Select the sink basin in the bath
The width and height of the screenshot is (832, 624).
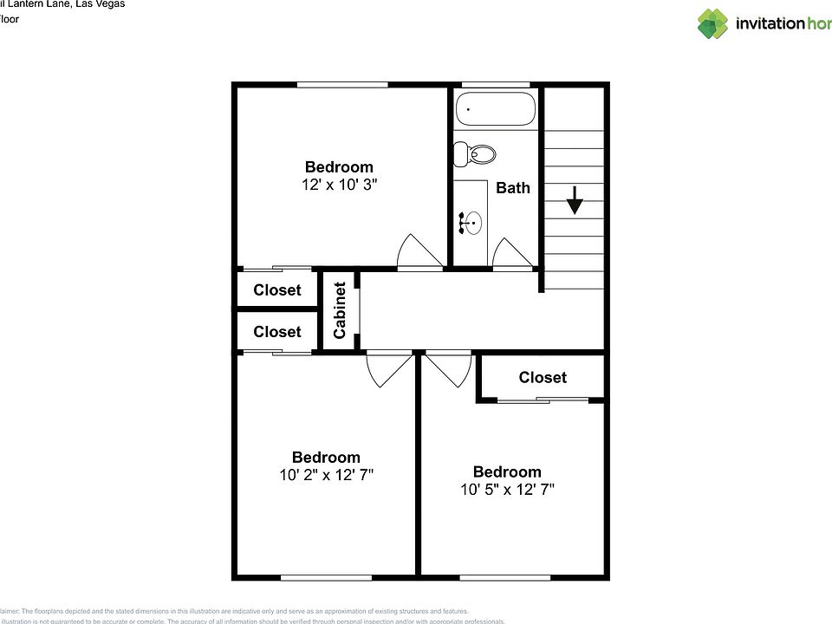[471, 224]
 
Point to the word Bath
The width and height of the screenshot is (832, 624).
[513, 188]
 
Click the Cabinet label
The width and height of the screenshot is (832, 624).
[340, 310]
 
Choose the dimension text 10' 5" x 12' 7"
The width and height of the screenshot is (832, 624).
[507, 489]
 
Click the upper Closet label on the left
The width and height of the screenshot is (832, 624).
[277, 290]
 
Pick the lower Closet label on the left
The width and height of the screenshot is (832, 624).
[277, 332]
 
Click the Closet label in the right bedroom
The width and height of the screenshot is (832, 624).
[543, 377]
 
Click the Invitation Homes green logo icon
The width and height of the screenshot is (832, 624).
[713, 23]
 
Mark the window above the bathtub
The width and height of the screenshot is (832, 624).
[496, 84]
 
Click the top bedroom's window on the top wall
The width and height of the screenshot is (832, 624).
[342, 84]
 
